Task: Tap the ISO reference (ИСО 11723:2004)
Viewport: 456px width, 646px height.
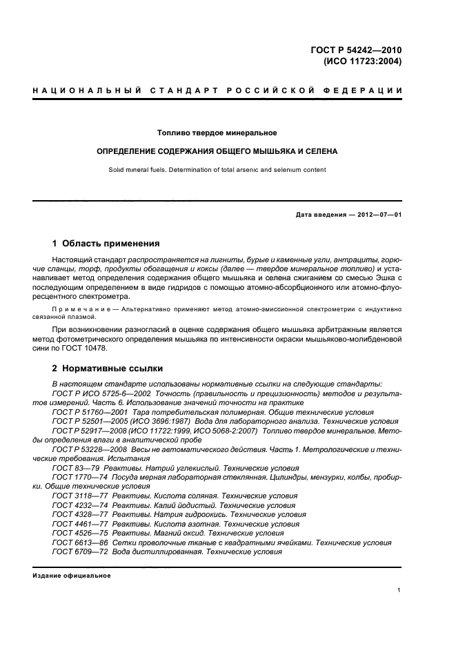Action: click(363, 61)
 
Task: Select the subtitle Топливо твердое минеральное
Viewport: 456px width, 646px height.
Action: click(217, 132)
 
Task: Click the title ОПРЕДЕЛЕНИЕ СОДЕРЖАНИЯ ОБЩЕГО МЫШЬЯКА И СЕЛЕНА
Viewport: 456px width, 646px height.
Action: click(217, 150)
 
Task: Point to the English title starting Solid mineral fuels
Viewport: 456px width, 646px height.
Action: click(217, 169)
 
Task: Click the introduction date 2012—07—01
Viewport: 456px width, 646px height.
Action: click(376, 215)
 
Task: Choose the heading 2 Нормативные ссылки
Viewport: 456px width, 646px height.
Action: click(108, 369)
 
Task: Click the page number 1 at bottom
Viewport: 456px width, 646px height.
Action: click(399, 590)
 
